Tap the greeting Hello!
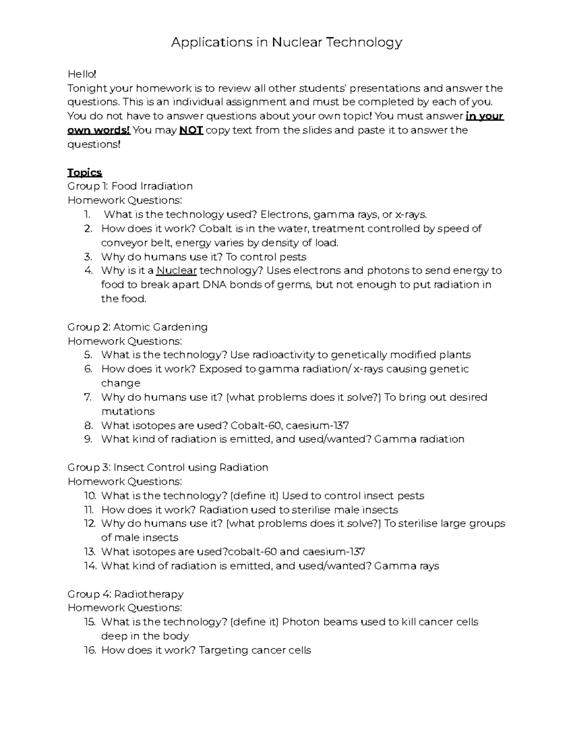[82, 74]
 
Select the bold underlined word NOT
[191, 130]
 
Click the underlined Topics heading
[85, 172]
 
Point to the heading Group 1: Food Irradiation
[130, 186]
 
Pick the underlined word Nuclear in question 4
[176, 271]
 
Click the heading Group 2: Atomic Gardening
[138, 327]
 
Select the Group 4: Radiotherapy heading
[125, 594]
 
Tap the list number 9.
[88, 440]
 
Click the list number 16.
[90, 650]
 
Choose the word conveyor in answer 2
[121, 243]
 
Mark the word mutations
[128, 411]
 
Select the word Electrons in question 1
[280, 215]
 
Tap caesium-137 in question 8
[317, 426]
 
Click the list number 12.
[90, 524]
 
